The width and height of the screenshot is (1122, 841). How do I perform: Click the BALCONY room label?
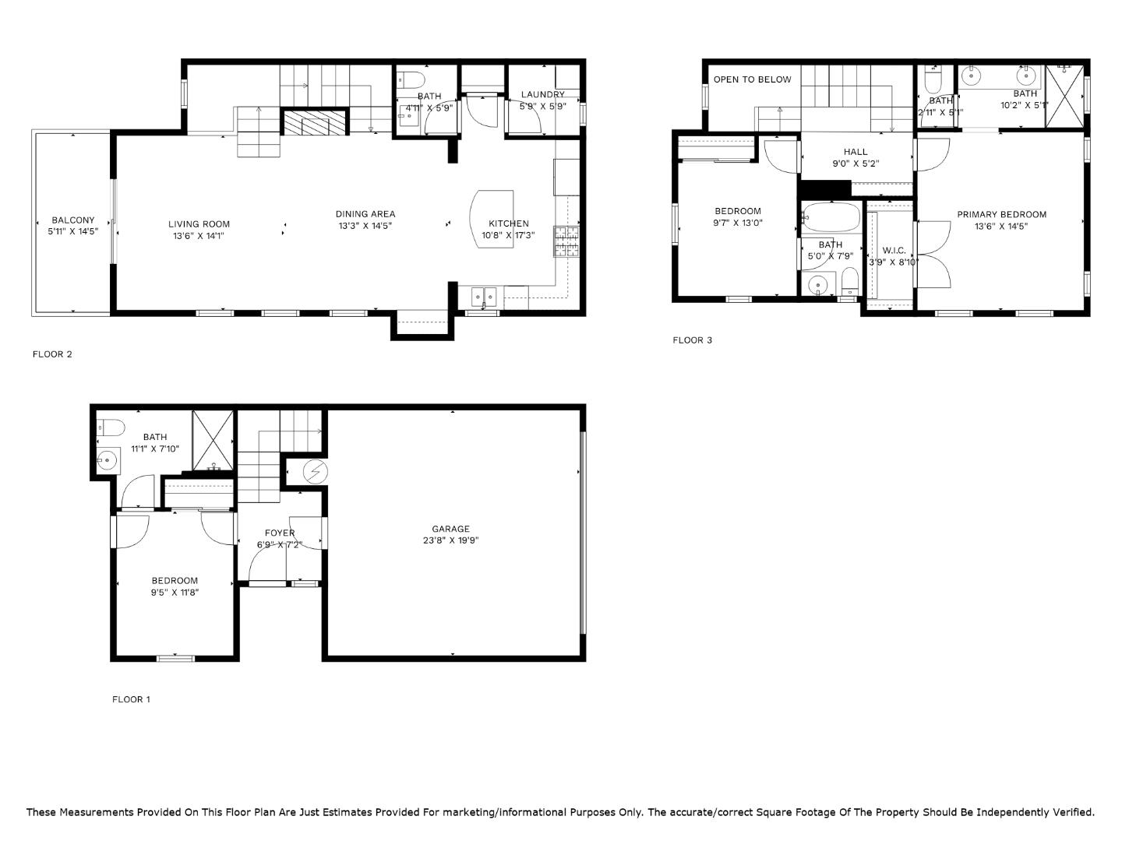72,220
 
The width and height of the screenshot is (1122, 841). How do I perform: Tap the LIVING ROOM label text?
199,224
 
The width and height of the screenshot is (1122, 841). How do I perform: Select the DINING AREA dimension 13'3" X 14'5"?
365,226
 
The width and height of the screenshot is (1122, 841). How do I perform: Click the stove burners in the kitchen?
567,241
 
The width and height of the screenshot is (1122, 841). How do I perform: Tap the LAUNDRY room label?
542,95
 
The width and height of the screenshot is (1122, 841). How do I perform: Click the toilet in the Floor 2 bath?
410,79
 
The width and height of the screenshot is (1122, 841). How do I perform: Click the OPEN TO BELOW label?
752,79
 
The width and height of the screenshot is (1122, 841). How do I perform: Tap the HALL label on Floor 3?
855,152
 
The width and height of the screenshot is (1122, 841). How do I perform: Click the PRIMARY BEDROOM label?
1001,214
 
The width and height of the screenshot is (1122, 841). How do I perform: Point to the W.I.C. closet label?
894,250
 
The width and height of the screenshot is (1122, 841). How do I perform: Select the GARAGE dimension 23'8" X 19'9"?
450,540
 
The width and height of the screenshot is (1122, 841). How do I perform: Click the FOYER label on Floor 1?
280,533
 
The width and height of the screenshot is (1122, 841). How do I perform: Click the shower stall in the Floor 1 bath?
213,441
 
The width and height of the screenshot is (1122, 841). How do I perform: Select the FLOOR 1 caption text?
131,699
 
